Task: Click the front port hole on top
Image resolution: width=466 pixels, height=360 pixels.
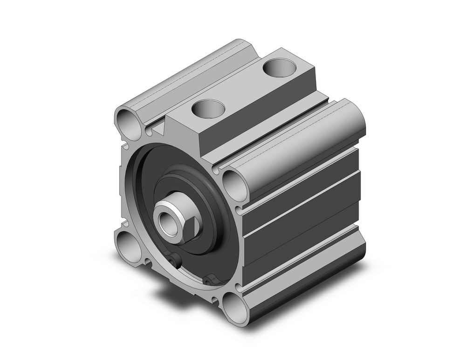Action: click(x=208, y=110)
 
